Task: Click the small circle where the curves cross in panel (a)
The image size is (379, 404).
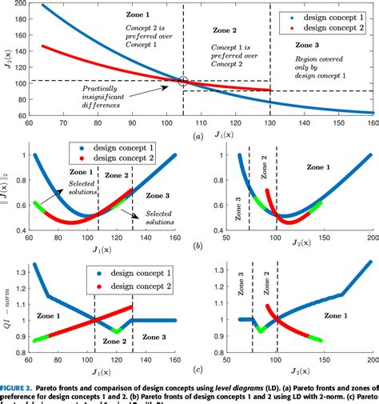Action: click(183, 81)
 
